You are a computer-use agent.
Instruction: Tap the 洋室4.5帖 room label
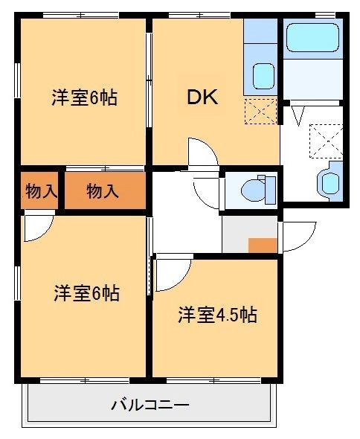pyautogui.click(x=216, y=315)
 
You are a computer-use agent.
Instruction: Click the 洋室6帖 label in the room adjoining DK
pyautogui.click(x=83, y=97)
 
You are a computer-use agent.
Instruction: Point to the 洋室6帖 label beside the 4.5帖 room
pyautogui.click(x=86, y=293)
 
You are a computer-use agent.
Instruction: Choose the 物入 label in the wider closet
pyautogui.click(x=103, y=191)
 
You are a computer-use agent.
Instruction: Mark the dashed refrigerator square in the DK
pyautogui.click(x=260, y=112)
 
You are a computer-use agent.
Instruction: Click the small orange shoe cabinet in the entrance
pyautogui.click(x=262, y=246)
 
